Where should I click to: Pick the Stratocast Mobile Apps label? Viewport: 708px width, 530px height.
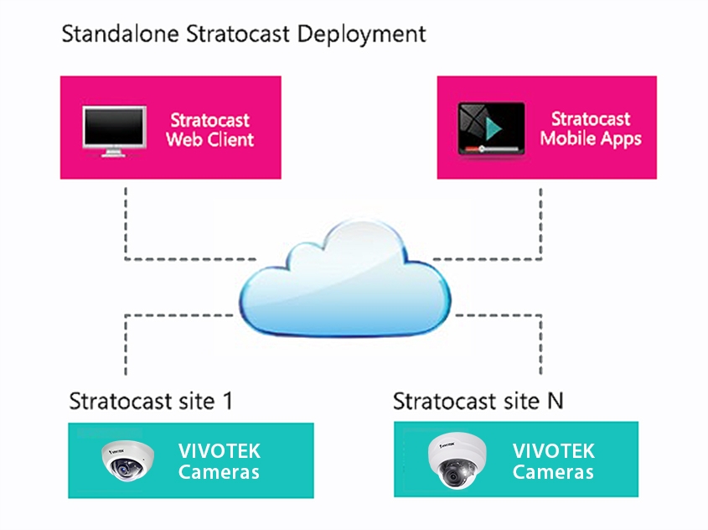(x=591, y=128)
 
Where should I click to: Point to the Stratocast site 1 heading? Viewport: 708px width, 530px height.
(x=150, y=400)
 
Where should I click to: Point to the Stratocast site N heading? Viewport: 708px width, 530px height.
(x=478, y=400)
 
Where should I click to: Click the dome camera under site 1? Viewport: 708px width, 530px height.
(x=127, y=460)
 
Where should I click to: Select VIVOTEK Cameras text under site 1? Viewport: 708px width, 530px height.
(x=219, y=460)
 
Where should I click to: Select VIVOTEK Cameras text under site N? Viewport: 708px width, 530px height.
(x=553, y=460)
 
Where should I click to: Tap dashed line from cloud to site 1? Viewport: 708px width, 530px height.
(x=126, y=344)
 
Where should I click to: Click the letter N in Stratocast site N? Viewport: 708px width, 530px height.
(x=555, y=400)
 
